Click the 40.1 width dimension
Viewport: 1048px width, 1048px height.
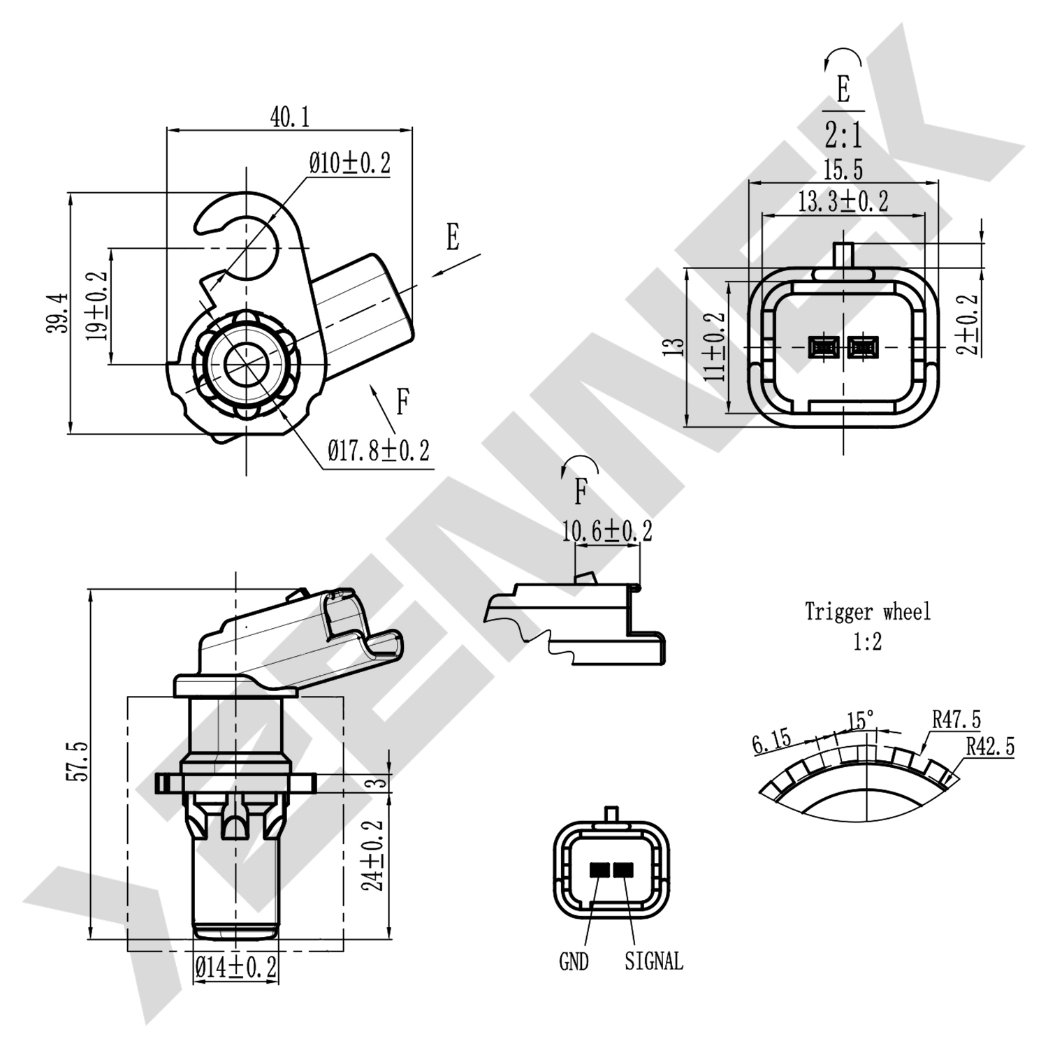[x=289, y=117]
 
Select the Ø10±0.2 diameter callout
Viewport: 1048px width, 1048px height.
[x=350, y=163]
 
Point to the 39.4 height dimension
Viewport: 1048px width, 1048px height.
[x=59, y=312]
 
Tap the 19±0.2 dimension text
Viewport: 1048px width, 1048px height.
[x=98, y=306]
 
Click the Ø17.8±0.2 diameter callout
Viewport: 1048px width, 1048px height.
[x=379, y=450]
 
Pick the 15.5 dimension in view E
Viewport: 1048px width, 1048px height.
[x=843, y=170]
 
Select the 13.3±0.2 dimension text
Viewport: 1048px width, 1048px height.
[x=843, y=202]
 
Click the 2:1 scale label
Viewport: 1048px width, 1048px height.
[x=843, y=136]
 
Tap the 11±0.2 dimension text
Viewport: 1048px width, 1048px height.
[x=715, y=346]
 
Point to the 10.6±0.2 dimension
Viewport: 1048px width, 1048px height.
[x=607, y=531]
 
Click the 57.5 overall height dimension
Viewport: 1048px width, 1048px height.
[x=78, y=762]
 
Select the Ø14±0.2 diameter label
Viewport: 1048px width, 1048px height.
[x=236, y=968]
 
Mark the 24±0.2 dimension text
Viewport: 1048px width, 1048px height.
[x=375, y=854]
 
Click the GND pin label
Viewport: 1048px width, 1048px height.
[x=574, y=962]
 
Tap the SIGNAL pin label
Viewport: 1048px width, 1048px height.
[x=654, y=961]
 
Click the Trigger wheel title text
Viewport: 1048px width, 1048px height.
[x=868, y=612]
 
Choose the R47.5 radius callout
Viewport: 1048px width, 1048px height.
[x=956, y=719]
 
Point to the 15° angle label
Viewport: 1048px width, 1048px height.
[x=860, y=720]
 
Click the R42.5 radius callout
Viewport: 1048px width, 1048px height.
[x=990, y=746]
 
